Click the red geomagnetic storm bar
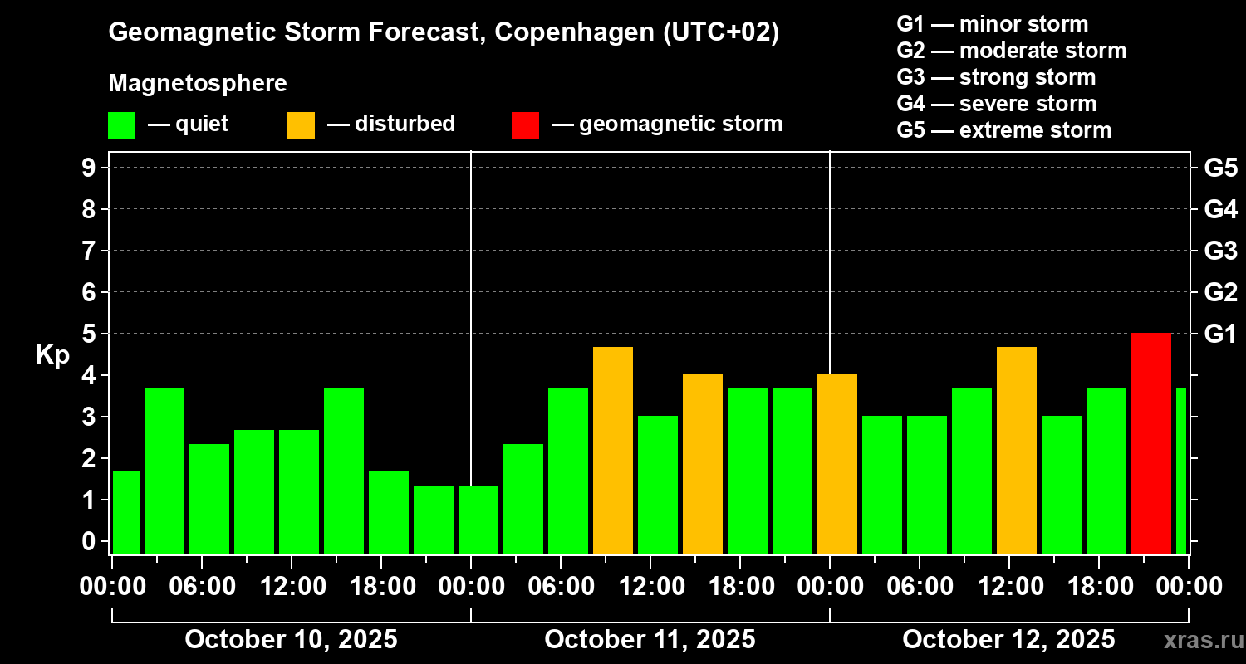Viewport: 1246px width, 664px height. [x=1150, y=443]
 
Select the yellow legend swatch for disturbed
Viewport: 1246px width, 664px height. [x=301, y=124]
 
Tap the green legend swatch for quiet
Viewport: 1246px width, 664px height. [x=121, y=124]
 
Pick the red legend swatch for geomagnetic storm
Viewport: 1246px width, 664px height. [x=525, y=124]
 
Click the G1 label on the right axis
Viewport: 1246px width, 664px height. [x=1220, y=334]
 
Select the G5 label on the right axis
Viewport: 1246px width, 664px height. [x=1220, y=168]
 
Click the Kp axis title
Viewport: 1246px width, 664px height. [x=52, y=354]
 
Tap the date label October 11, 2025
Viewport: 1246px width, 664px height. [x=650, y=639]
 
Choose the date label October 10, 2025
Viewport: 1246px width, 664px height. [x=291, y=639]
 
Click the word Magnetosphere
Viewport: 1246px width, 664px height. [x=198, y=84]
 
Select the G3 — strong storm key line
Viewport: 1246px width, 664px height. [x=996, y=77]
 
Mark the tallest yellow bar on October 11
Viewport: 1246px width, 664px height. [x=613, y=450]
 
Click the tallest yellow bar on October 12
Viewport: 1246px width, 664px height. [x=1017, y=450]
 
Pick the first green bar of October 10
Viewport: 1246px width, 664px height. [x=126, y=512]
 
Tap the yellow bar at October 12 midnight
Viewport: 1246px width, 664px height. [x=837, y=464]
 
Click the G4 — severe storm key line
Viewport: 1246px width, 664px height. [x=997, y=104]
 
